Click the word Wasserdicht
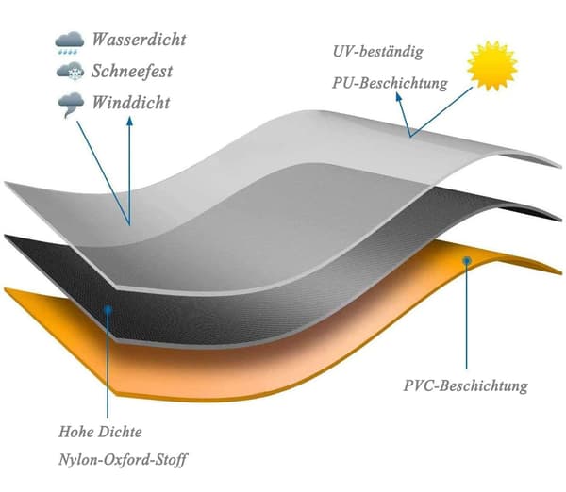pos(139,40)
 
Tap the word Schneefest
pos(132,71)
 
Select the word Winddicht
pos(131,103)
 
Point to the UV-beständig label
pos(378,52)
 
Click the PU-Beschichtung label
pos(390,83)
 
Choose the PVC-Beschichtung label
pos(466,385)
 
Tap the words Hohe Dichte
pos(100,432)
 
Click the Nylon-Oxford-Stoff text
pos(123,460)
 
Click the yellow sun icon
pos(492,65)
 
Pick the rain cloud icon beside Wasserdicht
pos(70,42)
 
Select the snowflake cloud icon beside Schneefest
pos(71,72)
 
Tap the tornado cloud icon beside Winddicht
pos(71,105)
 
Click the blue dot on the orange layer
pos(467,260)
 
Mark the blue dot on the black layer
pos(108,309)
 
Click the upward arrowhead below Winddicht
pos(129,121)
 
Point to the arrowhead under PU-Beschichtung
pos(398,97)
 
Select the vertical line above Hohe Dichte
pos(108,366)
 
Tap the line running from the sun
pos(441,112)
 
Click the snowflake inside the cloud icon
pos(75,74)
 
